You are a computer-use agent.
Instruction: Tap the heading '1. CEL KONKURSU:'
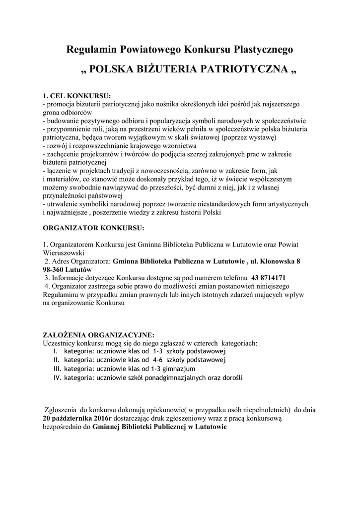[x=76, y=95]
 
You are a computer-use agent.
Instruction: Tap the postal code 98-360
[x=56, y=269]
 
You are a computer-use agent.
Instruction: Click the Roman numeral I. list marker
[x=56, y=351]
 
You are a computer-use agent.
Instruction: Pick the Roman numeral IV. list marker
[x=57, y=378]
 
